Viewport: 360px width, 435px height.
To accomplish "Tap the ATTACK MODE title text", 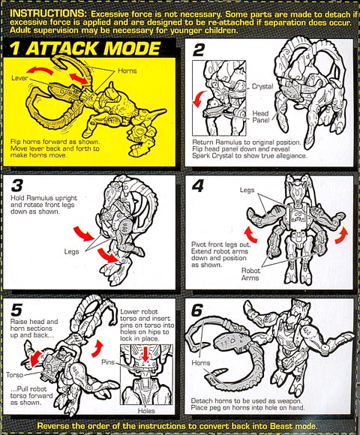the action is pos(93,49).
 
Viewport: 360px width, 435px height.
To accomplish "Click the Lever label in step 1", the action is pos(19,78).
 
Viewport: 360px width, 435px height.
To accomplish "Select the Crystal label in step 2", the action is pos(262,86).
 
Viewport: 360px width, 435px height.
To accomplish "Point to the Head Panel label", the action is pos(261,116).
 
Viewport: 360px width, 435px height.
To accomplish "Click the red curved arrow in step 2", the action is pos(199,98).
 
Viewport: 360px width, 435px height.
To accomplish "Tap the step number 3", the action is pos(17,185).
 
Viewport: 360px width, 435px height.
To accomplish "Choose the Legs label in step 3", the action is pos(71,251).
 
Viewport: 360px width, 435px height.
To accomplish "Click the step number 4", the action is pos(197,185).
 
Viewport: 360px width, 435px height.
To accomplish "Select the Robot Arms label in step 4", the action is pos(250,274).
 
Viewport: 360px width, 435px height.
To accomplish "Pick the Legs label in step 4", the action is pos(247,190).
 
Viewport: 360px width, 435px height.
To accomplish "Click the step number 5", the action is pos(16,310).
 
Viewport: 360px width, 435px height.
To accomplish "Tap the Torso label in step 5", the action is pos(15,375).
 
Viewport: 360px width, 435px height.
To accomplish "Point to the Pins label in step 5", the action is pos(108,362).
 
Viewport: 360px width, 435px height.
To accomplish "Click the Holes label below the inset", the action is pos(146,410).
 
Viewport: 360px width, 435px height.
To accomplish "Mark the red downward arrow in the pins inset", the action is pos(145,354).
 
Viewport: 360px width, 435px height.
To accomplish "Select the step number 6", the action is pos(197,310).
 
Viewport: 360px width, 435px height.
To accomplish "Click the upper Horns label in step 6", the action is pos(201,363).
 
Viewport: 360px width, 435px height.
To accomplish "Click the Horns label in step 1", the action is pos(127,70).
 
